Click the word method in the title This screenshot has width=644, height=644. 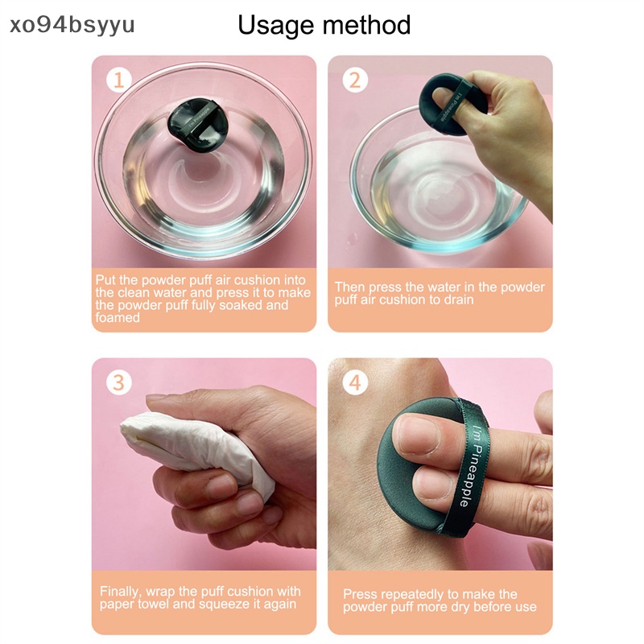pyautogui.click(x=366, y=25)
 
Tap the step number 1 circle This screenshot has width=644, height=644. pyautogui.click(x=119, y=80)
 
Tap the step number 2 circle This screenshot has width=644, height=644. pyautogui.click(x=355, y=80)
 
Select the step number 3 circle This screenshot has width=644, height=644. pyautogui.click(x=119, y=382)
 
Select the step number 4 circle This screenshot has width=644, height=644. pyautogui.click(x=355, y=382)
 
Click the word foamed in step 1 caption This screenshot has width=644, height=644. pyautogui.click(x=118, y=318)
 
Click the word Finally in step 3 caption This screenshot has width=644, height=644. pyautogui.click(x=120, y=591)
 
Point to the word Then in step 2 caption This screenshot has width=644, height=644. pyautogui.click(x=350, y=287)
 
